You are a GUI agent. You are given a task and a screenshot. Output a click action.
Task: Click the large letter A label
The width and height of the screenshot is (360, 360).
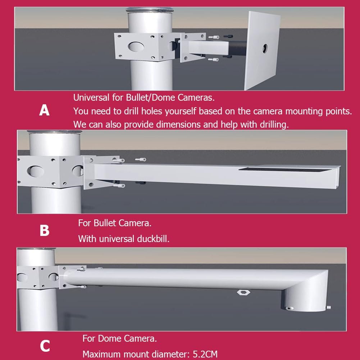tap(44, 110)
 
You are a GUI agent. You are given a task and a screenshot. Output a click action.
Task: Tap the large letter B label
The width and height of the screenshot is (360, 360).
tap(44, 231)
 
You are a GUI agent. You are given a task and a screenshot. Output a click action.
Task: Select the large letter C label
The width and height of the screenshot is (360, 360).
tap(45, 346)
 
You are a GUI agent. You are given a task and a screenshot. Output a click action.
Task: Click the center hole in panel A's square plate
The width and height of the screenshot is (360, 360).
tap(265, 47)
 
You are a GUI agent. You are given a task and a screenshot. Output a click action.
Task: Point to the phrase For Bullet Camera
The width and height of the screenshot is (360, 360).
tap(115, 223)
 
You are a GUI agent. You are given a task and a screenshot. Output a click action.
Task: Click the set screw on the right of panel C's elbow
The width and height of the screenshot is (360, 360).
tap(329, 307)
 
